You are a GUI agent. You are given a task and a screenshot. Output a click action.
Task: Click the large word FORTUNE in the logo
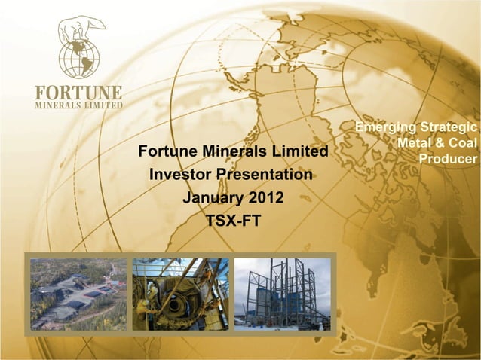(78, 93)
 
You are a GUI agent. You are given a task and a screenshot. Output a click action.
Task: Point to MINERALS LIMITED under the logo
(78, 105)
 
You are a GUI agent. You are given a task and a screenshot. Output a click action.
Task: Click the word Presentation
(264, 175)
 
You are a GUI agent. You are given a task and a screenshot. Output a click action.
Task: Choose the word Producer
(448, 159)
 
